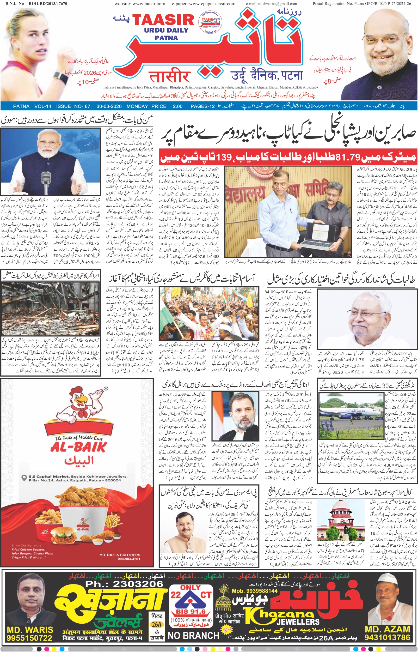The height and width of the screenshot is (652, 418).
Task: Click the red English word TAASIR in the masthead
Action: pos(163,20)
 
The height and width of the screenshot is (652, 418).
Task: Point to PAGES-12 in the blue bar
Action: pos(202,106)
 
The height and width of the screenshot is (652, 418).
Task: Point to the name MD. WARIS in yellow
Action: pos(30,630)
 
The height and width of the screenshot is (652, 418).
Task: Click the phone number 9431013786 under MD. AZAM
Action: pos(387,637)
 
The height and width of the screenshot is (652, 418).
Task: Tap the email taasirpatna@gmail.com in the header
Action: pos(271,4)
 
